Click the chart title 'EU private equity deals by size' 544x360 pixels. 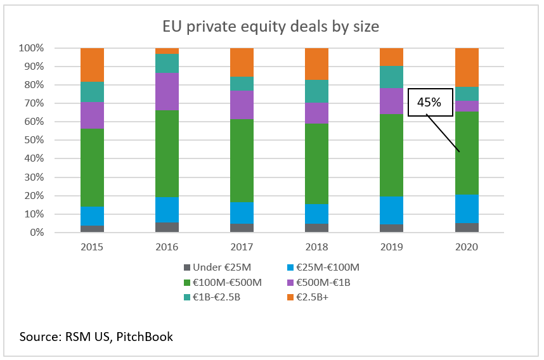pyautogui.click(x=271, y=27)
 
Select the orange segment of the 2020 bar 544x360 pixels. pyautogui.click(x=467, y=67)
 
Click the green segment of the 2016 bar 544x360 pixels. pyautogui.click(x=167, y=153)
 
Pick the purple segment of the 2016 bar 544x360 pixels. pyautogui.click(x=167, y=91)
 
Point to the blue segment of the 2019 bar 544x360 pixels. pyautogui.click(x=392, y=210)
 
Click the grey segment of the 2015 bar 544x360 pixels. pyautogui.click(x=92, y=229)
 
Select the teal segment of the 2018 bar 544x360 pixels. pyautogui.click(x=317, y=91)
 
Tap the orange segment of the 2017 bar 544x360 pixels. pyautogui.click(x=242, y=62)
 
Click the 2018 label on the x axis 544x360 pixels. pyautogui.click(x=317, y=247)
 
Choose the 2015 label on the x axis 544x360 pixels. pyautogui.click(x=92, y=247)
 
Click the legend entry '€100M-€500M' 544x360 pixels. pyautogui.click(x=221, y=281)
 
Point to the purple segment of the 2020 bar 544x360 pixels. pyautogui.click(x=467, y=106)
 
